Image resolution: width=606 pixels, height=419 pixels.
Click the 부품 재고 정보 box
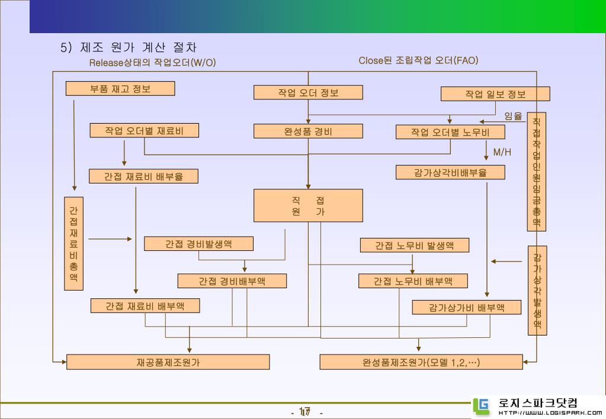[120, 88]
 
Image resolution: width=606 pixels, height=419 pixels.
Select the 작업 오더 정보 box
[308, 92]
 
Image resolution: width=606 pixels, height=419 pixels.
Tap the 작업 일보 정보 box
[495, 94]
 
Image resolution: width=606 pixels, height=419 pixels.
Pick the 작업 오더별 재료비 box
[144, 131]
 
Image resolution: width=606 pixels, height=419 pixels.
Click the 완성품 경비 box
[308, 131]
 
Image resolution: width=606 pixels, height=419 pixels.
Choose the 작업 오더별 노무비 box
[450, 132]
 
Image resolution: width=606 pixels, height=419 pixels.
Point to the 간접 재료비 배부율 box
[143, 176]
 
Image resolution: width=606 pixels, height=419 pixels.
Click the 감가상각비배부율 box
[450, 172]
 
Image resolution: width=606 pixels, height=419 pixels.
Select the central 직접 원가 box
[308, 205]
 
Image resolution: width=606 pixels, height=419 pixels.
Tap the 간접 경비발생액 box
[198, 244]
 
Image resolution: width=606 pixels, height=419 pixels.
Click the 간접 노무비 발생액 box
[414, 245]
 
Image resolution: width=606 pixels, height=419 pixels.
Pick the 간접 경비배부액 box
[232, 281]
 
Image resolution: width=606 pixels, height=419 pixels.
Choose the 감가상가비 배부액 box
[466, 307]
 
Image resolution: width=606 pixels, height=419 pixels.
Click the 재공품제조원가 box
[168, 362]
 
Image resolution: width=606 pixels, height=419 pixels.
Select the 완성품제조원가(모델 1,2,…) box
[421, 362]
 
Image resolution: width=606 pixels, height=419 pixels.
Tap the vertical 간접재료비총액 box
[73, 244]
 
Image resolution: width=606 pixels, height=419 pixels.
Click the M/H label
[502, 152]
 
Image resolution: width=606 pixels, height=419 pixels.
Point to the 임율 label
[513, 116]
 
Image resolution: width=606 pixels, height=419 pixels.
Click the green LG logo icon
[481, 406]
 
